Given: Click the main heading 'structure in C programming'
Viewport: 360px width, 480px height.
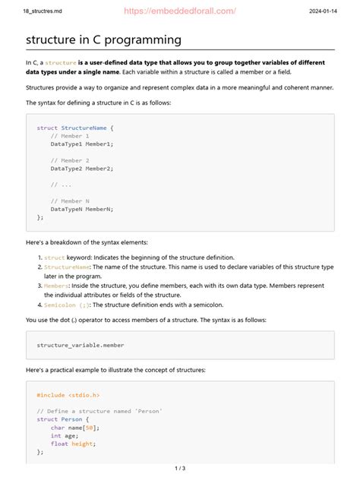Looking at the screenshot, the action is click(103, 39).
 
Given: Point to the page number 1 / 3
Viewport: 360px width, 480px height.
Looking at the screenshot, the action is click(180, 469).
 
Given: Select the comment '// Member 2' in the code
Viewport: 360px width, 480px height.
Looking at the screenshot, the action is click(70, 161).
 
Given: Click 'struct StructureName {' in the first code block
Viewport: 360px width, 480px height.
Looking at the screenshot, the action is click(75, 128).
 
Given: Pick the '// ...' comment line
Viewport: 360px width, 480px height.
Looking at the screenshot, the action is click(62, 184).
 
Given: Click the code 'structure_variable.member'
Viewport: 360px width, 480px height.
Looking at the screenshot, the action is click(81, 345).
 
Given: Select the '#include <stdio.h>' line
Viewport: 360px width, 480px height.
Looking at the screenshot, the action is click(68, 396).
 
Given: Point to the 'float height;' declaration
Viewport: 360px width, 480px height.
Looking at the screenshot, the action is click(74, 444).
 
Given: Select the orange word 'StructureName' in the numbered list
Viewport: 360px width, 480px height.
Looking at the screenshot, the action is click(68, 267).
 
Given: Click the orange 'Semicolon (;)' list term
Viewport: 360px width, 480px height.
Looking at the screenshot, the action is click(68, 305).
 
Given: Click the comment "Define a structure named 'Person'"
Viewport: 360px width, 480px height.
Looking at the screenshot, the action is click(99, 411).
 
